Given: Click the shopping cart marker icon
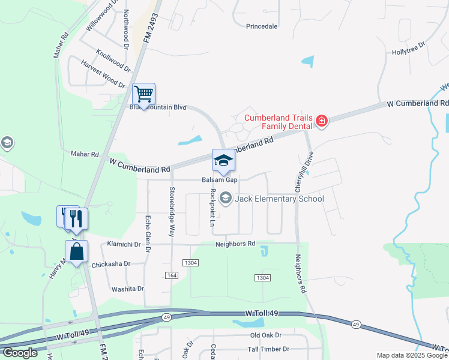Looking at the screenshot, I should coord(143,94).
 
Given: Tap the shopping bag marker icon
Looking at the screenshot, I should coord(77,252).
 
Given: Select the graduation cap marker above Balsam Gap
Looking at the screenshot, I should coord(223,161).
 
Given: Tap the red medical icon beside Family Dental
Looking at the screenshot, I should coord(322,122).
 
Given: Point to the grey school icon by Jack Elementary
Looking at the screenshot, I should coord(226,198).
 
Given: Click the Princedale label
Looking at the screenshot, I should coord(262,26).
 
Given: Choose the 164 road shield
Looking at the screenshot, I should coord(172,275).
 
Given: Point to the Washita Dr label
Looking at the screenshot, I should coord(128,289).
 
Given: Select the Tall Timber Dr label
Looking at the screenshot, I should coord(269,349).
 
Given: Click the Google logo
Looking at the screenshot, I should coord(20,353).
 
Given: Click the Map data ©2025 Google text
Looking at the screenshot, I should coord(411,355).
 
